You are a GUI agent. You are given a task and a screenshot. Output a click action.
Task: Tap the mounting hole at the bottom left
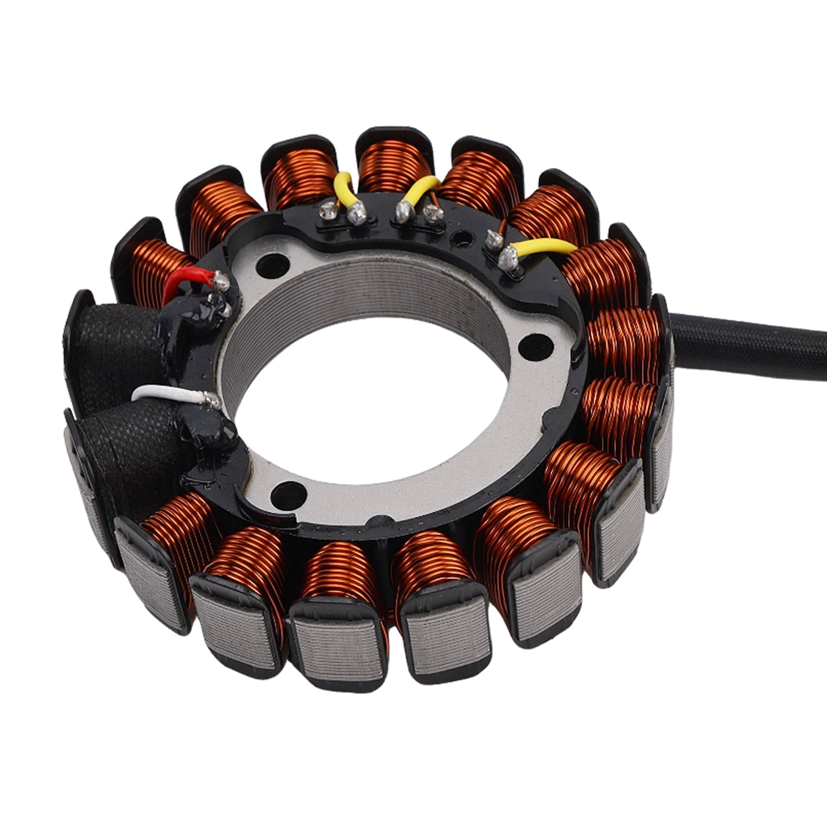(x=287, y=492)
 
